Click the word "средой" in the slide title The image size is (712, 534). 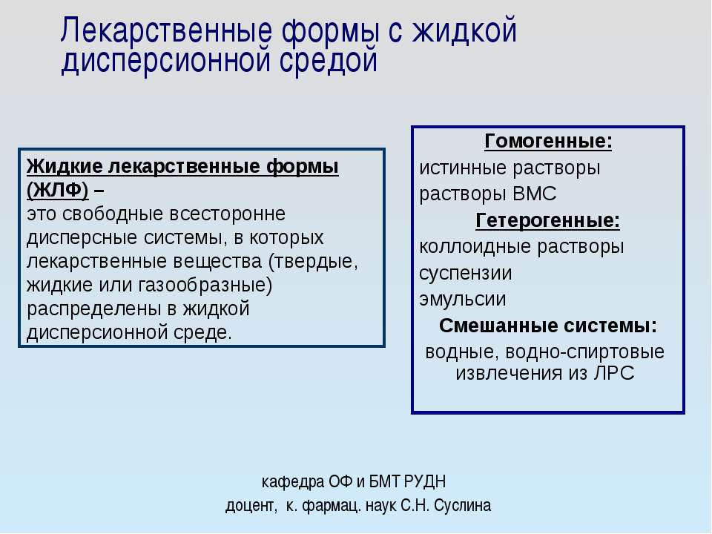pyautogui.click(x=328, y=60)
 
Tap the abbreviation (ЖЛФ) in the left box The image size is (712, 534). pyautogui.click(x=58, y=190)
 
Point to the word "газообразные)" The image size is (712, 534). pyautogui.click(x=205, y=285)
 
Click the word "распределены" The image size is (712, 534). pyautogui.click(x=94, y=309)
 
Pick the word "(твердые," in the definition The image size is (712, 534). pyautogui.click(x=313, y=262)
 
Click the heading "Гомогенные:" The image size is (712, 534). pyautogui.click(x=548, y=141)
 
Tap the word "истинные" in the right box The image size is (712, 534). pyautogui.click(x=462, y=168)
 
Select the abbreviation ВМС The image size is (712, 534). pyautogui.click(x=534, y=194)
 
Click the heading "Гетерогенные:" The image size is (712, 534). pyautogui.click(x=547, y=221)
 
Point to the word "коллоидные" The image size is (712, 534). pyautogui.click(x=475, y=246)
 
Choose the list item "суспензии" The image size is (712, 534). pyautogui.click(x=466, y=274)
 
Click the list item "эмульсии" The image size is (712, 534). pyautogui.click(x=463, y=299)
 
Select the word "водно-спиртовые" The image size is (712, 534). pyautogui.click(x=584, y=352)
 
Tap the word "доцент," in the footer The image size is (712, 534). pyautogui.click(x=251, y=505)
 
